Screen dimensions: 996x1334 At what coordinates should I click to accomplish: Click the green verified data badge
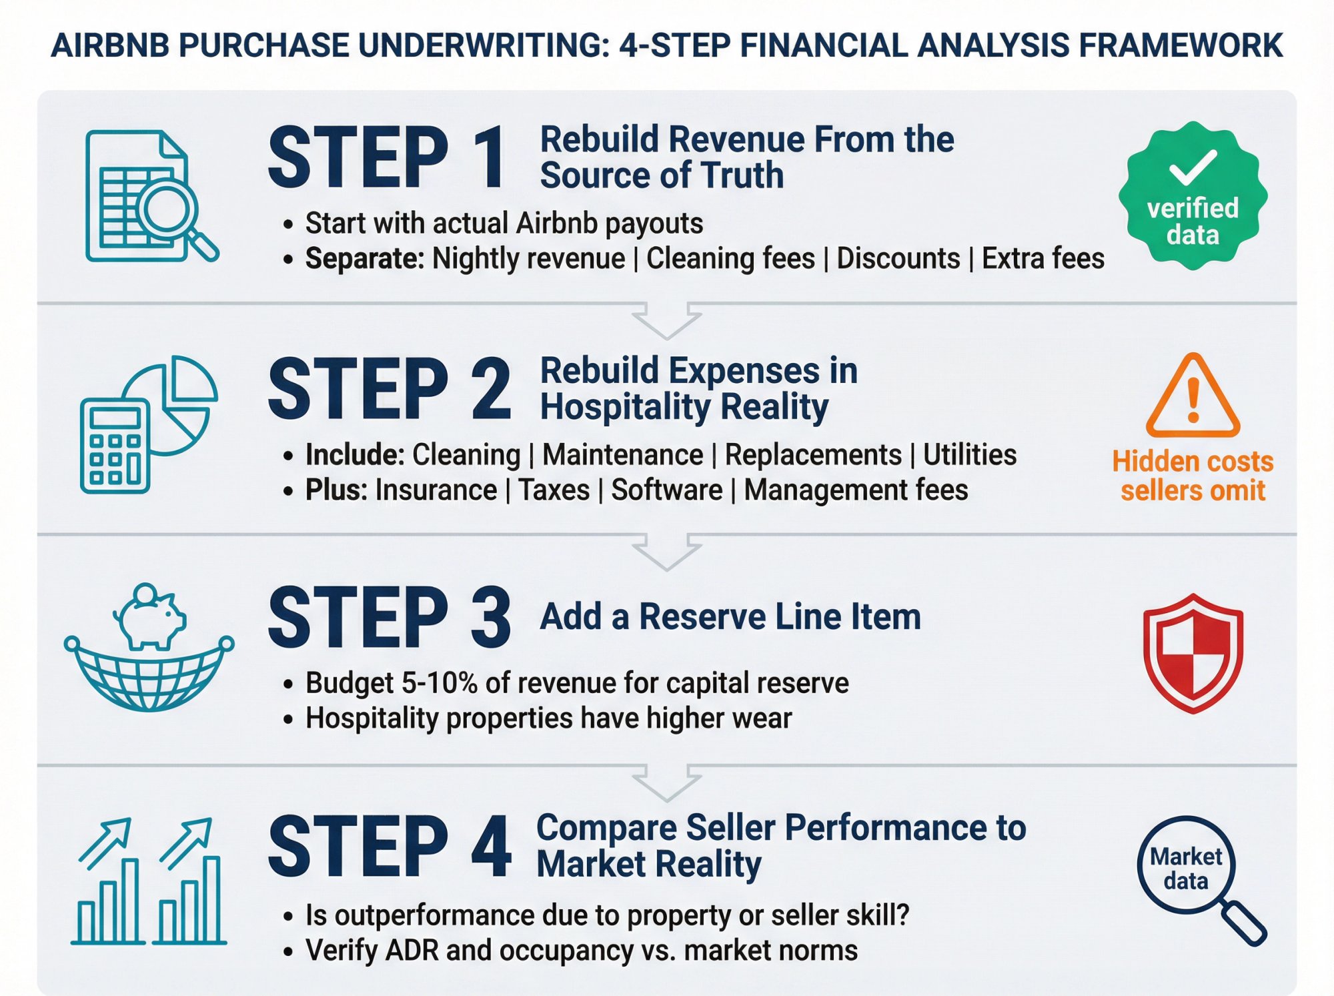[1193, 195]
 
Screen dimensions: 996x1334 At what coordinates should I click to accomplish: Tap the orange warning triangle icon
[1193, 398]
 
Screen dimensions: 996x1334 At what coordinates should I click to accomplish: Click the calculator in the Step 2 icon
[115, 445]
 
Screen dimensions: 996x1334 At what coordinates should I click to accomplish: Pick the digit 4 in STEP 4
[490, 847]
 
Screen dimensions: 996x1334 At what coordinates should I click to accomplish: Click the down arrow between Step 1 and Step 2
[666, 320]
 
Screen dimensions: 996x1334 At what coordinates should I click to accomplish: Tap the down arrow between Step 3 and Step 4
[666, 783]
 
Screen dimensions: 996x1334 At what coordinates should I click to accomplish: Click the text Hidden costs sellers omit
[1193, 476]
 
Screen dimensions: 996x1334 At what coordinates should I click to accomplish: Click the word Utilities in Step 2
[970, 455]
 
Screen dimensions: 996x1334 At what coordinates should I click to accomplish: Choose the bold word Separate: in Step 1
[364, 259]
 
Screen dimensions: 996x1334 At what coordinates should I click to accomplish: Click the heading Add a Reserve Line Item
[730, 616]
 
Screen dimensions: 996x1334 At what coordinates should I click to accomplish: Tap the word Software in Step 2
[667, 490]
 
